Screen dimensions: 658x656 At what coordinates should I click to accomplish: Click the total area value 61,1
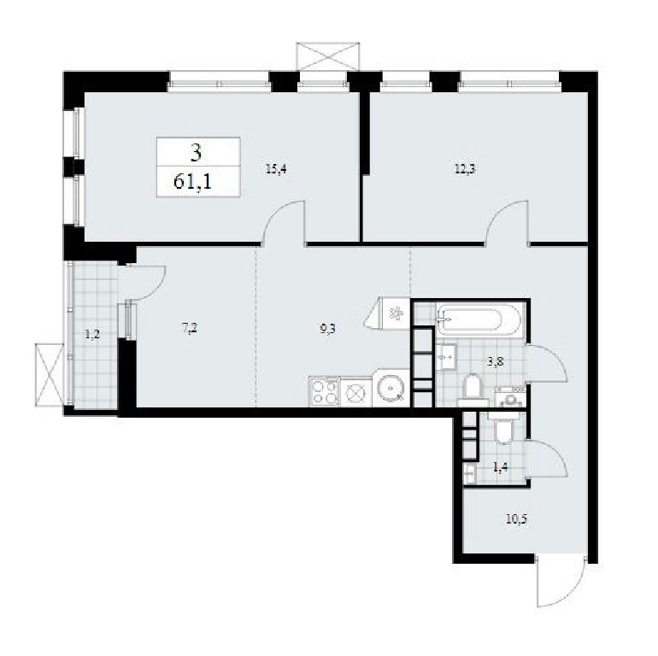[192, 183]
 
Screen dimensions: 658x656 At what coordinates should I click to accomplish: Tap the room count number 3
[196, 153]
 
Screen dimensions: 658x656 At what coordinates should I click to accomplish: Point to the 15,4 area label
[277, 169]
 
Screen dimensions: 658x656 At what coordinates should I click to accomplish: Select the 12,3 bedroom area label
[466, 169]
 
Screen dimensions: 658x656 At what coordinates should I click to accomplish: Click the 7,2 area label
[190, 328]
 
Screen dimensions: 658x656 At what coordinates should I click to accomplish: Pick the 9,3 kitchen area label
[327, 328]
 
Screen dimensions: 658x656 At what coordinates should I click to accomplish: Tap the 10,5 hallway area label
[516, 519]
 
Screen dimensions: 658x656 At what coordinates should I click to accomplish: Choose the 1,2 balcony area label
[92, 335]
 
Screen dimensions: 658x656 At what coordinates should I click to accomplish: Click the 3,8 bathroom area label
[496, 361]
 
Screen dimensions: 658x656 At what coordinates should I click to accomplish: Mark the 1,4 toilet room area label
[501, 467]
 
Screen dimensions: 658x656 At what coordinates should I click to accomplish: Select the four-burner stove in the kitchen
[324, 392]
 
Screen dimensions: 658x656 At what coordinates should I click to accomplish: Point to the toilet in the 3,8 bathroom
[473, 389]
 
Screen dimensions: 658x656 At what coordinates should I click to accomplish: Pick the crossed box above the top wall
[328, 56]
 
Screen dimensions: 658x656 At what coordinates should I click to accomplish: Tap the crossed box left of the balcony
[49, 375]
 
